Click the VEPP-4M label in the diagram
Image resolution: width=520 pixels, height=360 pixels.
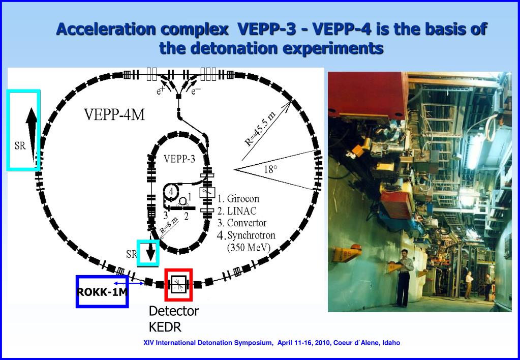tap(114, 115)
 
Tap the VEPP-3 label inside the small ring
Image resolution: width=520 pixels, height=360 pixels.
tap(179, 159)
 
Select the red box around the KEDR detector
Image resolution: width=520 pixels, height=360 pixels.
tap(178, 284)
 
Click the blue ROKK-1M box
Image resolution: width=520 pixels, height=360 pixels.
tap(102, 291)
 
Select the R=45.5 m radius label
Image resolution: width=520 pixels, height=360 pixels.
tap(260, 130)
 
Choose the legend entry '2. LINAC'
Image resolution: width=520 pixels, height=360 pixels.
tap(236, 211)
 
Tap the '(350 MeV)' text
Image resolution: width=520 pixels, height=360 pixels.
tap(248, 248)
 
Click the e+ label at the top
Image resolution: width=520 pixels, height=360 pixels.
tap(160, 92)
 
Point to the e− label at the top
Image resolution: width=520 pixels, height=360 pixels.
tap(196, 92)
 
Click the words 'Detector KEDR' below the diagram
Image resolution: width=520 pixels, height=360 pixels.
tap(173, 319)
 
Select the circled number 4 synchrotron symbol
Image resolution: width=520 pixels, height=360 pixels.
tap(171, 192)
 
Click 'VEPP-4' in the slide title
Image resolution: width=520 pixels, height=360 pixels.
tap(341, 29)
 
